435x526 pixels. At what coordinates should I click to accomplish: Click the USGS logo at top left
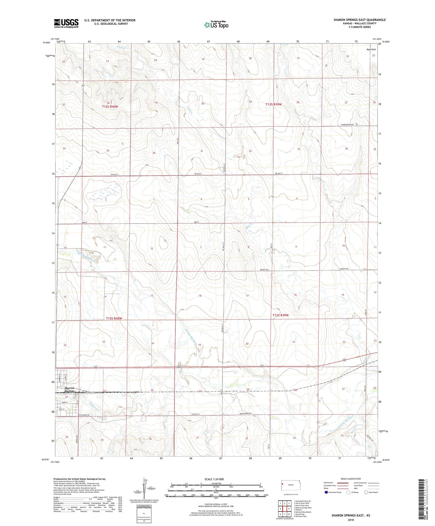[x=66, y=23]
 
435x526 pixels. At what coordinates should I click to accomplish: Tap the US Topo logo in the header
[x=216, y=24]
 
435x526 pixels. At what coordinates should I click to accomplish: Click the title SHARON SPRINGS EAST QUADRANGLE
[x=359, y=20]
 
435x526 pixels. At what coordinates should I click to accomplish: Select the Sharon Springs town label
[x=70, y=390]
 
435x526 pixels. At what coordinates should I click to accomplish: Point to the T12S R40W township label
[x=110, y=107]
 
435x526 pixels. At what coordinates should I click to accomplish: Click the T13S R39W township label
[x=281, y=315]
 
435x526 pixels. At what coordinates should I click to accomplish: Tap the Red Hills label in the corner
[x=371, y=49]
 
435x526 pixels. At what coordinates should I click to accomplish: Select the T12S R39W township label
[x=274, y=104]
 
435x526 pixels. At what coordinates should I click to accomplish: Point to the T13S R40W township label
[x=114, y=318]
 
